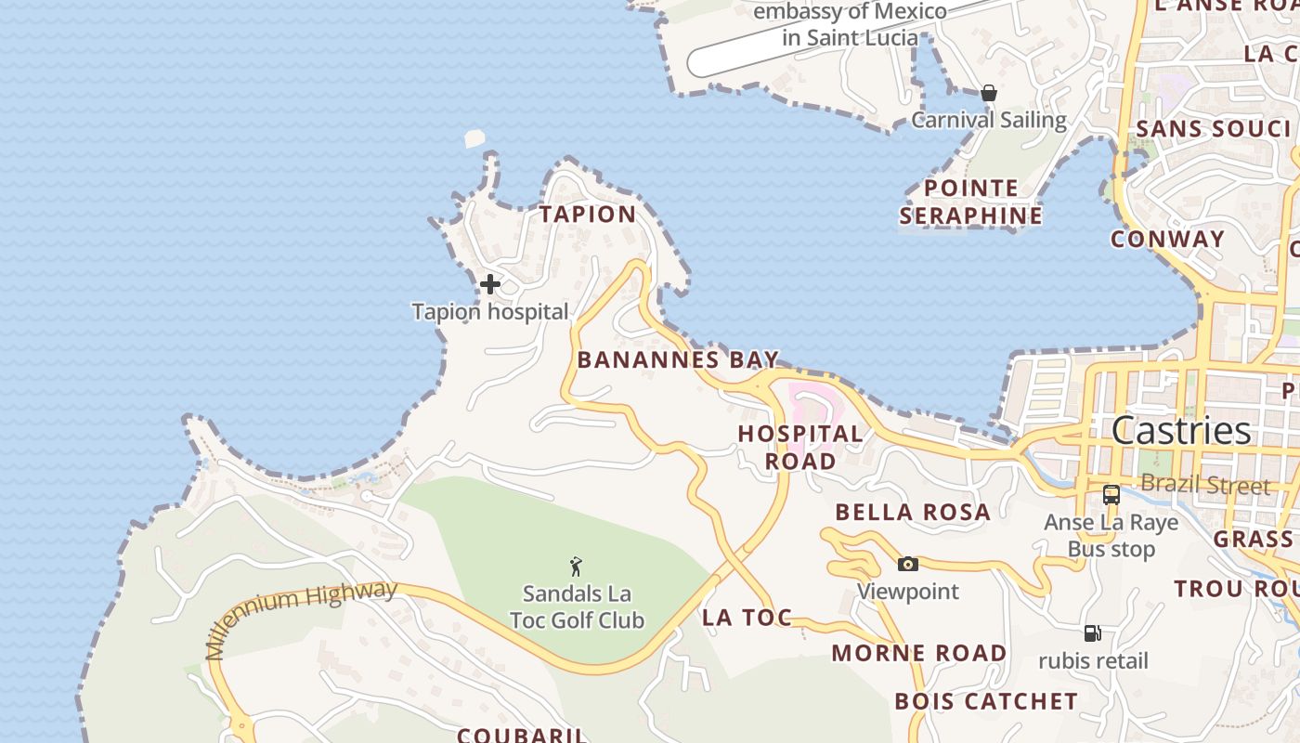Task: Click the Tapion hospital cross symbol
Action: [490, 283]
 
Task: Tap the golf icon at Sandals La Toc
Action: [576, 566]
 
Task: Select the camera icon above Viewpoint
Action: [908, 564]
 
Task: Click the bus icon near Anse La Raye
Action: [1111, 495]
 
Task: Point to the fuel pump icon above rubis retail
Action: [1093, 633]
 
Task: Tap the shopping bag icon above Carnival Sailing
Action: [989, 93]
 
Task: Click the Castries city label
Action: [1181, 431]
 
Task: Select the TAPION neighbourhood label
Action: [589, 215]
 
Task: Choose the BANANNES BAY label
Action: [678, 360]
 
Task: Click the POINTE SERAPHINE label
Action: [971, 202]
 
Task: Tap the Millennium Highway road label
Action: [301, 617]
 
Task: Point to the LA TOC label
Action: [747, 618]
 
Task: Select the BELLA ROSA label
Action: [913, 513]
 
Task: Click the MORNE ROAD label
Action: [919, 653]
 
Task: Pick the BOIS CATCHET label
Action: [986, 701]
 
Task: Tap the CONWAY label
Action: [1168, 239]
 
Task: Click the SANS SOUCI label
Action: [1214, 128]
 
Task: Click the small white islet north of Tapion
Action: [474, 138]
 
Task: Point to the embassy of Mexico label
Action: [850, 25]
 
